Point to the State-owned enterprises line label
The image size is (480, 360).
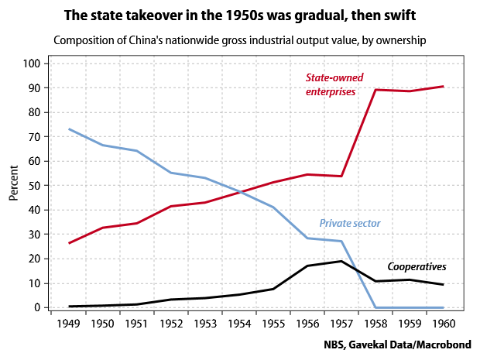[334, 84]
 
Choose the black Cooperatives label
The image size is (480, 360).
[417, 266]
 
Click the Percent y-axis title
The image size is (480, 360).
[14, 183]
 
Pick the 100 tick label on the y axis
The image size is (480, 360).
[31, 63]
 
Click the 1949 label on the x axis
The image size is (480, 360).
[69, 323]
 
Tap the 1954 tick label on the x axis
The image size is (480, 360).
[239, 323]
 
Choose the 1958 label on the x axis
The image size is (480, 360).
[375, 323]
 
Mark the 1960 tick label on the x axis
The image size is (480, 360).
[444, 323]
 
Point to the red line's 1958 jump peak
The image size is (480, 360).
[375, 90]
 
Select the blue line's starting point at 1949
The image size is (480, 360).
[69, 129]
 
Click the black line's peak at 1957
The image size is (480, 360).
[341, 261]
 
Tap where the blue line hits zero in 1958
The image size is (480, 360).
[375, 307]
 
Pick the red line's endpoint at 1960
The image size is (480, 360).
[444, 86]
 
